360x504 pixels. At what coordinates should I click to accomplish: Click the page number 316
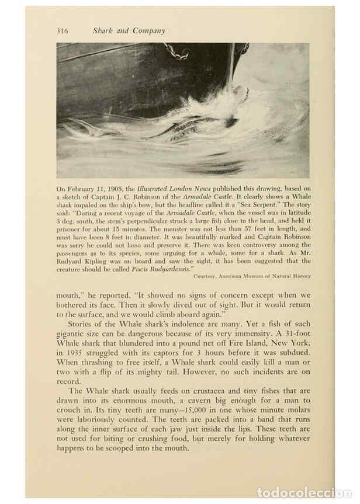63,31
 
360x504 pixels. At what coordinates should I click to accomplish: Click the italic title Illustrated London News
168,189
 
